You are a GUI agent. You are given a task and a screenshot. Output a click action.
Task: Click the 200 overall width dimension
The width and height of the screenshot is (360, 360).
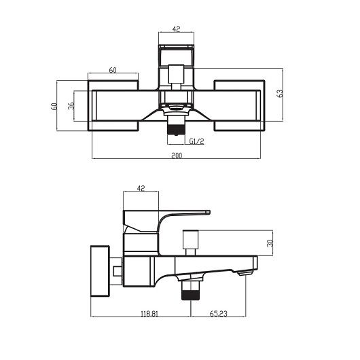coord(177,156)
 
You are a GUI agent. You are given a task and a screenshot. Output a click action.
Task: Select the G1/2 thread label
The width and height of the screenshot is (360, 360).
coord(197,141)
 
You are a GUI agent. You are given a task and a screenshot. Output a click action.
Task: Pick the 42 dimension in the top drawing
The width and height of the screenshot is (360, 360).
coord(177,30)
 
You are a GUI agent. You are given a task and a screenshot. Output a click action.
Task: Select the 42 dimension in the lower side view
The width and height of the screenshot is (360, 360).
coord(141,188)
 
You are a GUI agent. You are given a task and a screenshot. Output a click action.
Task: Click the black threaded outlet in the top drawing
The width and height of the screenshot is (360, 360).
coord(177,126)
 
